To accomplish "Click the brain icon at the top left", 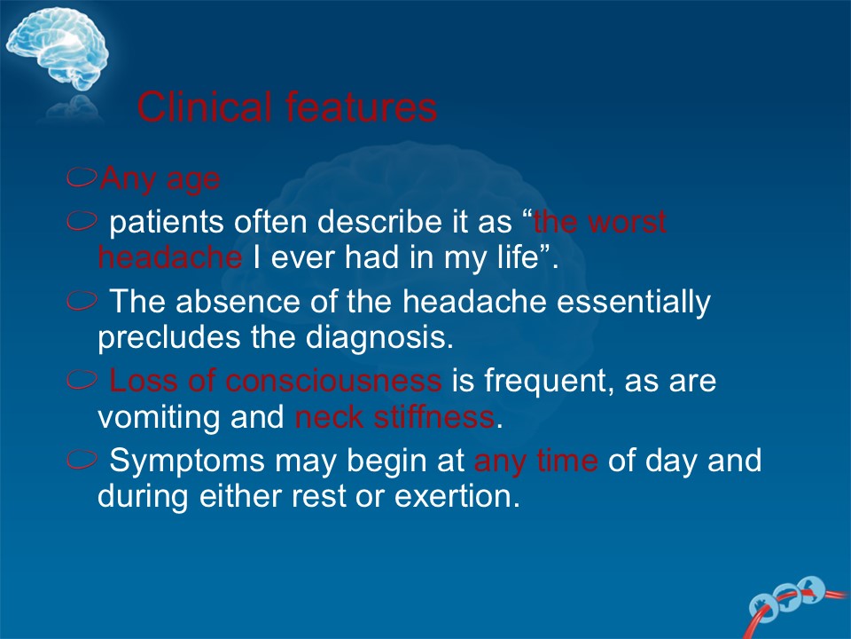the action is tap(57, 49).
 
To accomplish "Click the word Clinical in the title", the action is tap(204, 106).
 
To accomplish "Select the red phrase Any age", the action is tap(160, 179).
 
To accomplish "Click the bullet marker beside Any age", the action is tap(82, 177).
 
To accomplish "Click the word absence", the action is tap(238, 302).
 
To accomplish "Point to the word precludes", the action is tap(168, 338).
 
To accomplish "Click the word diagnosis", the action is tap(379, 338).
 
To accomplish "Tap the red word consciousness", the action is tap(333, 381).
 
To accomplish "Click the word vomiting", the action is tap(159, 417).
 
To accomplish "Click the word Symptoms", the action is tap(187, 461).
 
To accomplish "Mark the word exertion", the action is tap(457, 497).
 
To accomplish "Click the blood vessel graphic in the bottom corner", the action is tap(795, 604).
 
